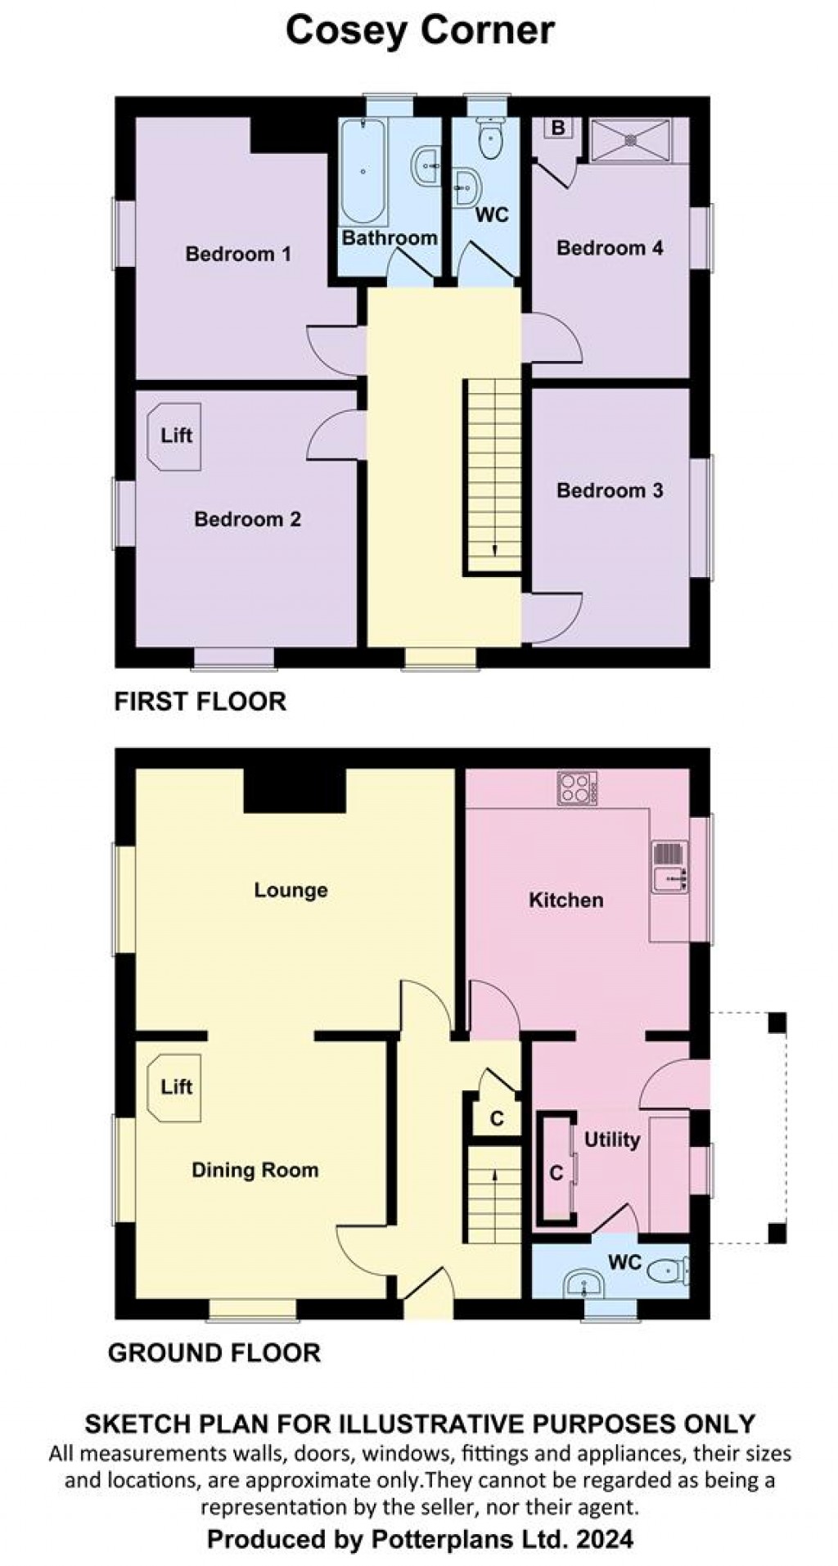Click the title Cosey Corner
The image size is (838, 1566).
[x=420, y=30]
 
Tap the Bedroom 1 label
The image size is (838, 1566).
[x=237, y=254]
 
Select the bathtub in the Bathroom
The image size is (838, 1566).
[x=363, y=172]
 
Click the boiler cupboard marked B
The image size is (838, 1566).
[x=558, y=129]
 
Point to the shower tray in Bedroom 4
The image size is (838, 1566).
[x=630, y=140]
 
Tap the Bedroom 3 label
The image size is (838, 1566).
[x=610, y=490]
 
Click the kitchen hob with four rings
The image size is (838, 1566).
[x=578, y=788]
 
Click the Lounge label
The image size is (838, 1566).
[x=291, y=890]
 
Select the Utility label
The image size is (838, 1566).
[x=611, y=1140]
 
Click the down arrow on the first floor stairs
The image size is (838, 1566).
[x=494, y=549]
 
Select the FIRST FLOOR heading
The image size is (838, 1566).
[x=200, y=702]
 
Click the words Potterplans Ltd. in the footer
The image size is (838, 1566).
[x=469, y=1539]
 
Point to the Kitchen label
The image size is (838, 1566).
[x=565, y=900]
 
